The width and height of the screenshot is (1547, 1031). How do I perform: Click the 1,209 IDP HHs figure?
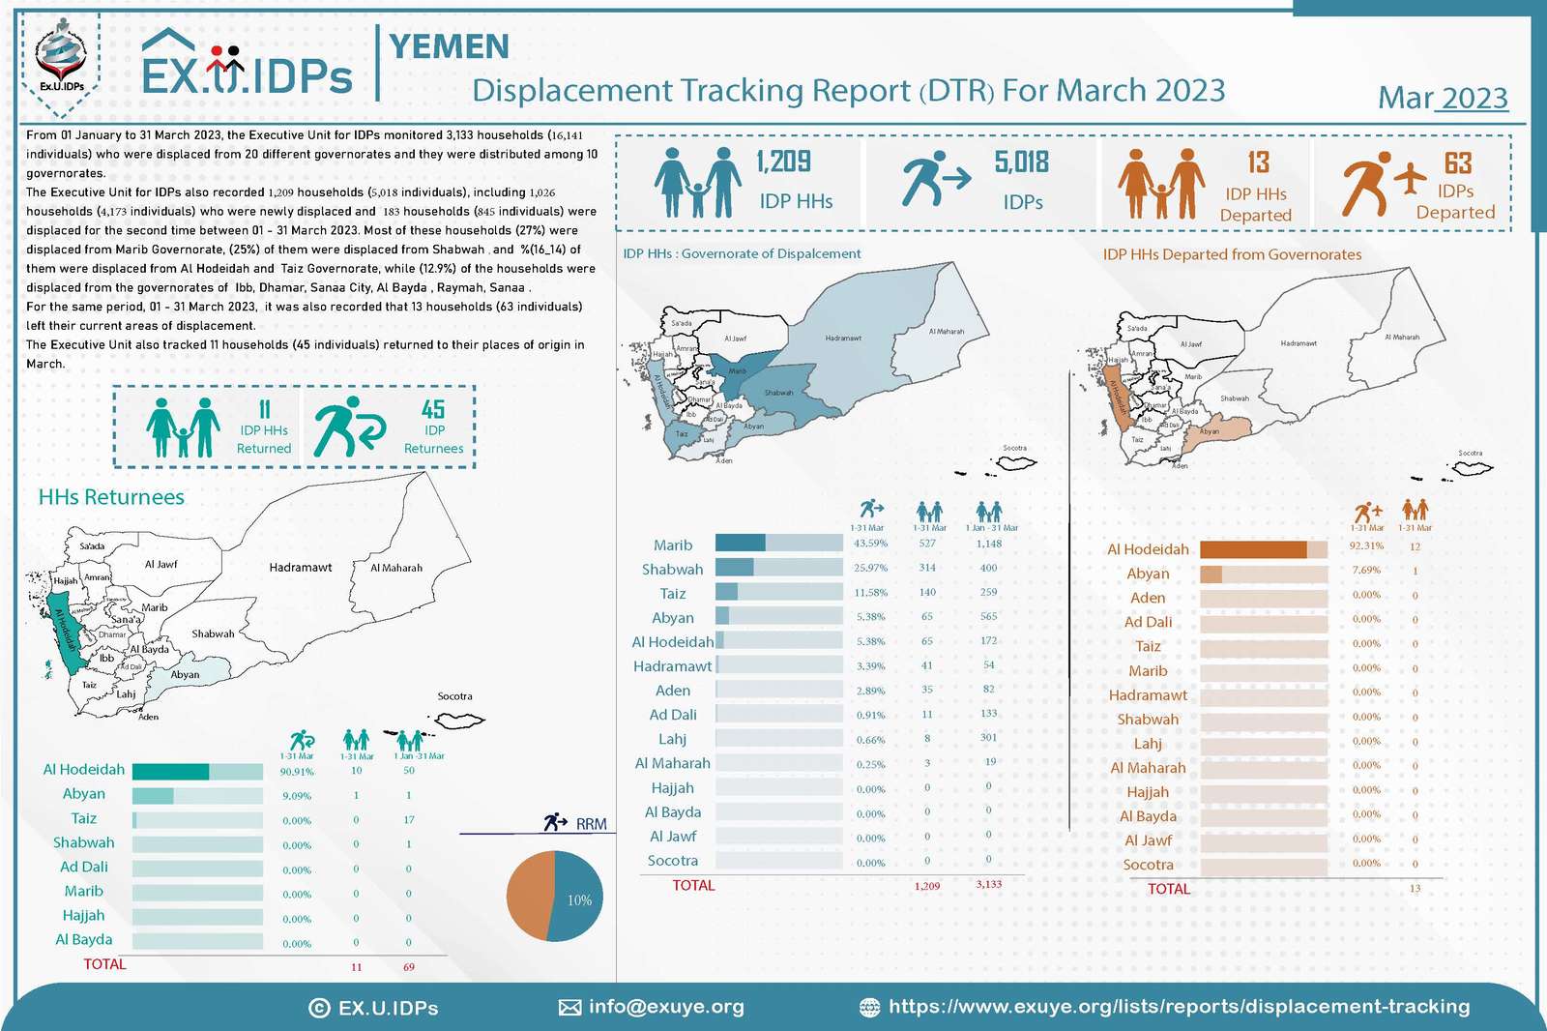pyautogui.click(x=783, y=162)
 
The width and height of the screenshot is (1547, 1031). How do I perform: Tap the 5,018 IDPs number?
pyautogui.click(x=1022, y=162)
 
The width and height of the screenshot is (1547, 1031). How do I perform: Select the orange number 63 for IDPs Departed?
pyautogui.click(x=1457, y=162)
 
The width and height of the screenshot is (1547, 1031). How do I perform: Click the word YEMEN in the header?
pyautogui.click(x=449, y=46)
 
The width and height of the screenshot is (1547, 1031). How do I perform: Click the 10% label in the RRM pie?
pyautogui.click(x=579, y=900)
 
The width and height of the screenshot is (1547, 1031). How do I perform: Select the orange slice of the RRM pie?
pyautogui.click(x=529, y=895)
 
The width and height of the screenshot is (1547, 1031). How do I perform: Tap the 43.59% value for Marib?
pyautogui.click(x=870, y=544)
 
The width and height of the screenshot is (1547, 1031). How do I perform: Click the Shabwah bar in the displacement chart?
pyautogui.click(x=778, y=568)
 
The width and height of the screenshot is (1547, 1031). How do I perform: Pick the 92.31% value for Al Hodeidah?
pyautogui.click(x=1366, y=546)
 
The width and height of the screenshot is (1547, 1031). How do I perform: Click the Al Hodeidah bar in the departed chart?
pyautogui.click(x=1263, y=549)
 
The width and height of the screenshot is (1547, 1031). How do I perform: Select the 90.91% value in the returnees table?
pyautogui.click(x=297, y=772)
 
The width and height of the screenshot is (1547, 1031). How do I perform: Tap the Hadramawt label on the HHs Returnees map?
pyautogui.click(x=300, y=568)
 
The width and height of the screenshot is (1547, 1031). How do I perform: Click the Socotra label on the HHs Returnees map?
pyautogui.click(x=454, y=696)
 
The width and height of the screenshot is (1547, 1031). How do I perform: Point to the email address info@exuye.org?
pyautogui.click(x=666, y=1007)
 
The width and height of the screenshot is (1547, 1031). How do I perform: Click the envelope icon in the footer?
pyautogui.click(x=569, y=1008)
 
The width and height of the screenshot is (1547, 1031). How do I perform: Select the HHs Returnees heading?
pyautogui.click(x=111, y=497)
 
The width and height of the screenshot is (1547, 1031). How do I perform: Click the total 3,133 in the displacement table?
pyautogui.click(x=988, y=884)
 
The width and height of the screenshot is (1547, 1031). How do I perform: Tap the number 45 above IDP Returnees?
pyautogui.click(x=433, y=410)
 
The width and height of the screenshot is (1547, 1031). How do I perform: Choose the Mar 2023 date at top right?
pyautogui.click(x=1442, y=98)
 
